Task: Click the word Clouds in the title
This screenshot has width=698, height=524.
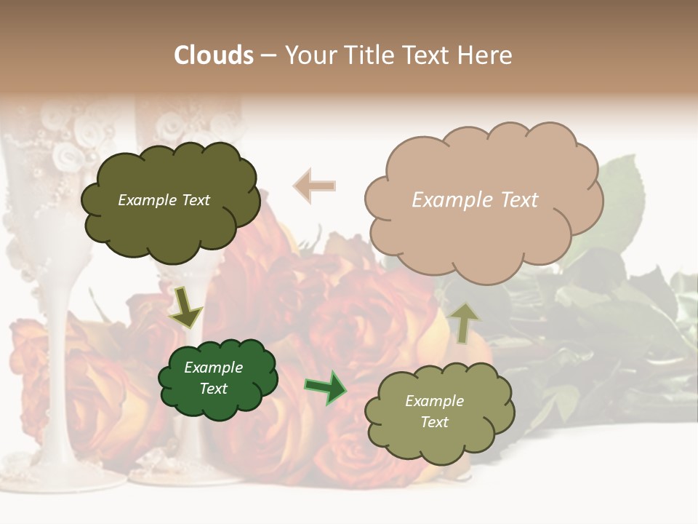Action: [214, 55]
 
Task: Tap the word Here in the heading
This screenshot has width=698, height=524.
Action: [486, 55]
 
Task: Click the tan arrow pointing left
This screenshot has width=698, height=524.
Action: [315, 186]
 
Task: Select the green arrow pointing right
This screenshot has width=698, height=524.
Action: [325, 387]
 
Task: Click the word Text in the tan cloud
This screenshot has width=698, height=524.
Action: [520, 199]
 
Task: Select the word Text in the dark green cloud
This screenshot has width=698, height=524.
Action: [213, 389]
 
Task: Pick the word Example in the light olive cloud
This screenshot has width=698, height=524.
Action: [434, 401]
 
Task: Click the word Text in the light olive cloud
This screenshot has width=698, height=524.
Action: [434, 422]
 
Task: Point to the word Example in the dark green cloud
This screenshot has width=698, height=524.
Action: [213, 368]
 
